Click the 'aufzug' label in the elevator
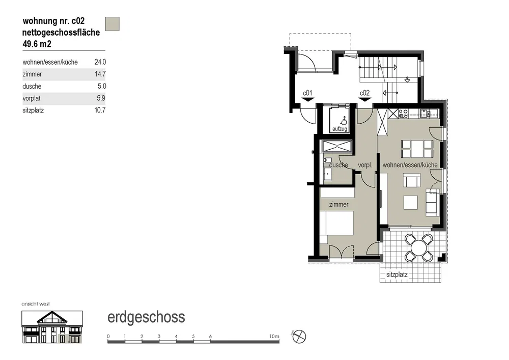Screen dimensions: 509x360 [340, 129]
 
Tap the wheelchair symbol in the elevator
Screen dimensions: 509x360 [343, 121]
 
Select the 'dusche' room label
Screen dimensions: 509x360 [338, 165]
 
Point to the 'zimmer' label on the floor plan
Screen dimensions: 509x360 [338, 205]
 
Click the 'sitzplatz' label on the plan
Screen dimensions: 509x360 [397, 274]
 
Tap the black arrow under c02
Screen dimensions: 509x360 [364, 100]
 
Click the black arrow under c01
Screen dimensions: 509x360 [307, 100]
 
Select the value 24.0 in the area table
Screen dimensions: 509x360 [100, 62]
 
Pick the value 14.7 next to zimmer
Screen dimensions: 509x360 [100, 74]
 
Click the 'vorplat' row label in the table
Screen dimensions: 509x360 [32, 98]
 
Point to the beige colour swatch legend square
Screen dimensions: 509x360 [112, 24]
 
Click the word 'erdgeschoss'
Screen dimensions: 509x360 [146, 317]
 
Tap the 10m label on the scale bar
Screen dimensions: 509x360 [274, 336]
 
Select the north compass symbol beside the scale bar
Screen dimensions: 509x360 [299, 337]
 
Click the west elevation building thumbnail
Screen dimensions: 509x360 [52, 327]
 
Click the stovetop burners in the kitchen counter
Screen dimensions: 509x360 [403, 113]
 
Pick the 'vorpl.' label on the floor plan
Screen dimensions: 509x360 [365, 165]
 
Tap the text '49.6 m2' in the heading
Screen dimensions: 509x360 [37, 44]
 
